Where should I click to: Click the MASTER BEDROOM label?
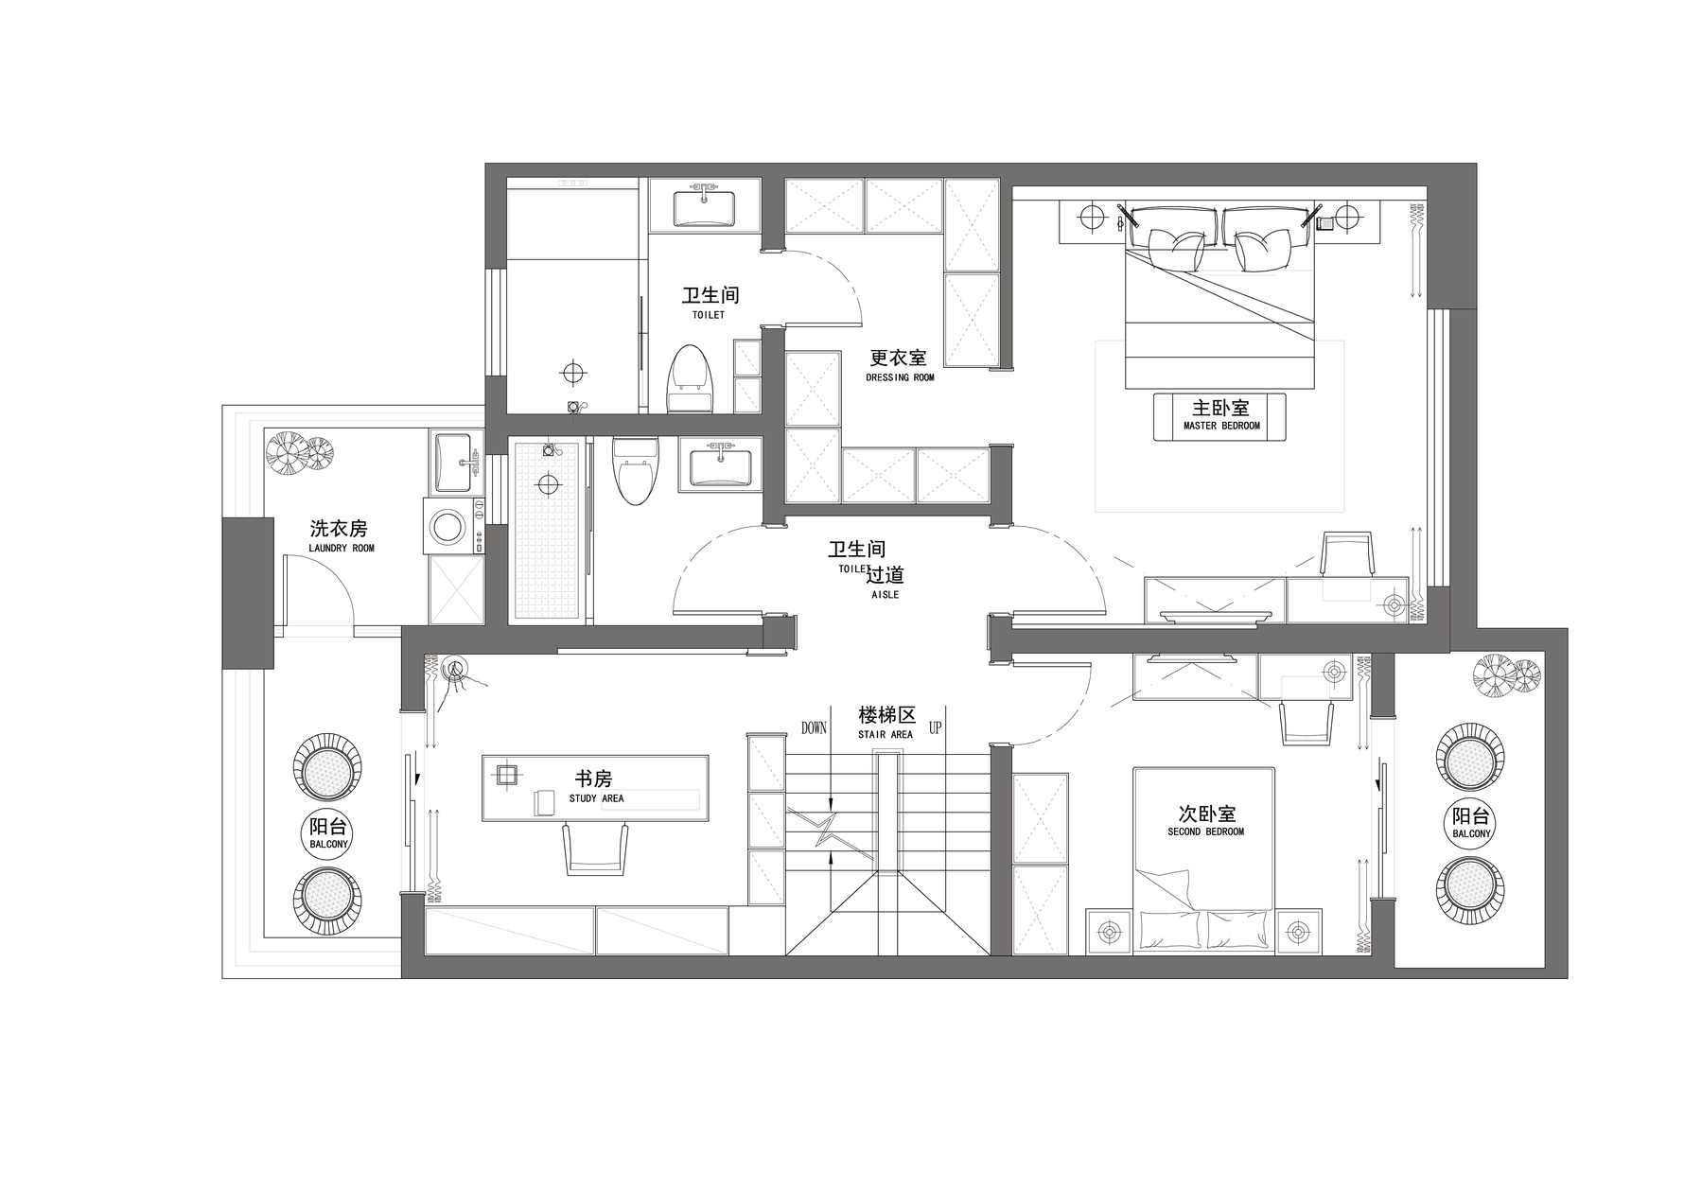coord(1221,426)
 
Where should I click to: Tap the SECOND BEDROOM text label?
coord(1205,831)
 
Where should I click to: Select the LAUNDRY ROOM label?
coord(342,548)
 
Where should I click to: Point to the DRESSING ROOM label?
coord(900,377)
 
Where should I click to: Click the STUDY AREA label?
coord(596,798)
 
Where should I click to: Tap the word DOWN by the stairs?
coord(814,727)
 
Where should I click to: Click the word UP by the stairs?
coord(935,727)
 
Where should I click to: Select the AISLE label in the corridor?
coord(885,595)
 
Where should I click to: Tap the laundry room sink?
coord(455,463)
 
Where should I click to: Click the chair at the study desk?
coord(596,848)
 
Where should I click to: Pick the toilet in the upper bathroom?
coord(689,378)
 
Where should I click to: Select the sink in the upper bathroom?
coord(705,208)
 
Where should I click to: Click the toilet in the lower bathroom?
coord(634,469)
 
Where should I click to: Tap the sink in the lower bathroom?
coord(720,465)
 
